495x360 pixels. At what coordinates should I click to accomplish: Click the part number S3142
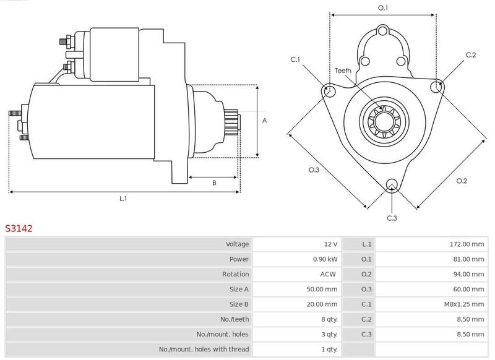[x=19, y=228]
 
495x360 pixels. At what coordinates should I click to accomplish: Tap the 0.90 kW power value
[x=325, y=259]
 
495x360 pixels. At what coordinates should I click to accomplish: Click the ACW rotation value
[x=328, y=274]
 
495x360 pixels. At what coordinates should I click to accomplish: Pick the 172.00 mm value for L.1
[x=467, y=244]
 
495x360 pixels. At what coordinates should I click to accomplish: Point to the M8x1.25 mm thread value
[x=464, y=304]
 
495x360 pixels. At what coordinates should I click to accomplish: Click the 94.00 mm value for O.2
[x=468, y=274]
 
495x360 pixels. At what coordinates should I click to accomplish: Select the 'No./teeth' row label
[x=235, y=319]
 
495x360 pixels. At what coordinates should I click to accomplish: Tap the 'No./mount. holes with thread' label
[x=204, y=349]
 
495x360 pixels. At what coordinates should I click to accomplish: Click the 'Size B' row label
[x=239, y=304]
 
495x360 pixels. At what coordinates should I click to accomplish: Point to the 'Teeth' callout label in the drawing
[x=343, y=71]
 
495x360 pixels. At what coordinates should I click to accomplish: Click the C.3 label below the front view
[x=392, y=218]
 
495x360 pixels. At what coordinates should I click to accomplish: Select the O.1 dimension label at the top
[x=383, y=8]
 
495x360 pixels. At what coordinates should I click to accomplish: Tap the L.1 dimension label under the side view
[x=123, y=199]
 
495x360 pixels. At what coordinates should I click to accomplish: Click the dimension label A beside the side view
[x=265, y=121]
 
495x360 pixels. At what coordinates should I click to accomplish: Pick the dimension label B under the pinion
[x=214, y=182]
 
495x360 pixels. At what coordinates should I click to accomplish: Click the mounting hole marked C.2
[x=437, y=86]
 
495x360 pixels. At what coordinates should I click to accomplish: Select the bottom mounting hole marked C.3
[x=392, y=184]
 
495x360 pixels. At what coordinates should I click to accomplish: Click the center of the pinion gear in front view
[x=384, y=121]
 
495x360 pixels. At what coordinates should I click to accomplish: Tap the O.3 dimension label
[x=314, y=169]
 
